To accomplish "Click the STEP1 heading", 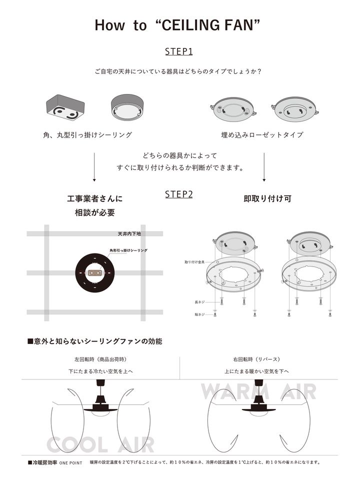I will pyautogui.click(x=178, y=51).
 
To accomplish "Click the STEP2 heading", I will pyautogui.click(x=178, y=194).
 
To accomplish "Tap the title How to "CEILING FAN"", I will pyautogui.click(x=178, y=25).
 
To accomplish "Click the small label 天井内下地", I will pyautogui.click(x=129, y=233).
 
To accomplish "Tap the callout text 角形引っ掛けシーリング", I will pyautogui.click(x=128, y=249).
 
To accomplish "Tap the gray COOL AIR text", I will pyautogui.click(x=100, y=443).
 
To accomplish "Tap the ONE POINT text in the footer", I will pyautogui.click(x=70, y=463).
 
